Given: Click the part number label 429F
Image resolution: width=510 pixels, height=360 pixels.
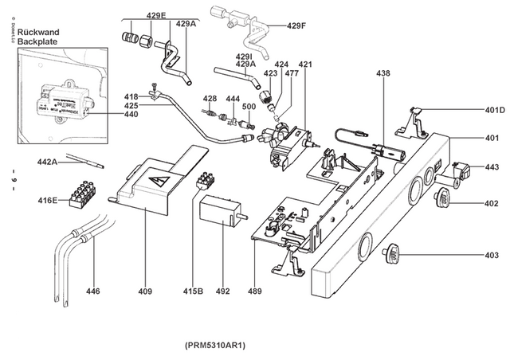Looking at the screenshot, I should [296, 25].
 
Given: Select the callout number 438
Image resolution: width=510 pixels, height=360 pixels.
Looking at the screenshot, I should [383, 72].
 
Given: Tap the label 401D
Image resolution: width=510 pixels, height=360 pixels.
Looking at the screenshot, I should [495, 110].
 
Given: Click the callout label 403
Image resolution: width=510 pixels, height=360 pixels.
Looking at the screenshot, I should [492, 255].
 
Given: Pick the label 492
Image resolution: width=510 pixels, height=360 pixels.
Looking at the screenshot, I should [222, 292].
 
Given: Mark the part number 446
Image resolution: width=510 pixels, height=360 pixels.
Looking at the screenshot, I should [93, 292].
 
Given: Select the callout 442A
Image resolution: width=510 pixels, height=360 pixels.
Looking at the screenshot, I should [49, 162].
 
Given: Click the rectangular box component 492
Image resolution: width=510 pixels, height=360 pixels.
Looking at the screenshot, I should [219, 211].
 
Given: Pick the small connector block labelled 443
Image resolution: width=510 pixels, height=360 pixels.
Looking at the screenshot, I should [461, 170].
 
